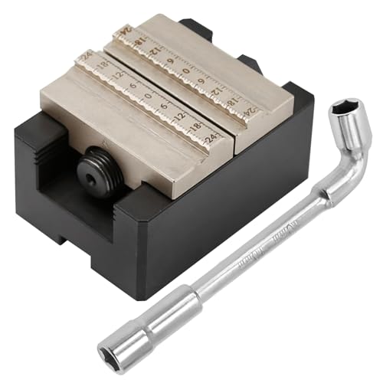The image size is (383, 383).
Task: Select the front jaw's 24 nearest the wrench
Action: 211,138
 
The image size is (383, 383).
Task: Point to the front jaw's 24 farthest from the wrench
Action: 85,56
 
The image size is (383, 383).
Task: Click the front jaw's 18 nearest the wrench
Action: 195,127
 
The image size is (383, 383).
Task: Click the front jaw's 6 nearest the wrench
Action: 164,105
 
